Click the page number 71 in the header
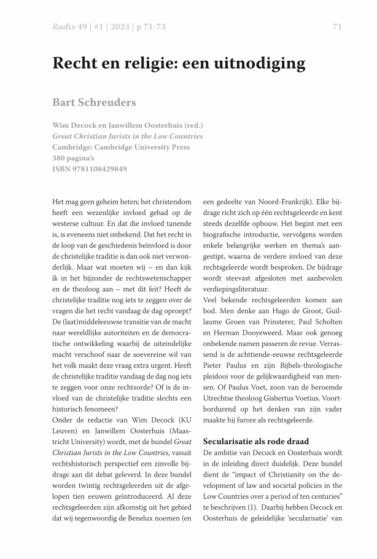coord(336,26)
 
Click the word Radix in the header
coord(64,26)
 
